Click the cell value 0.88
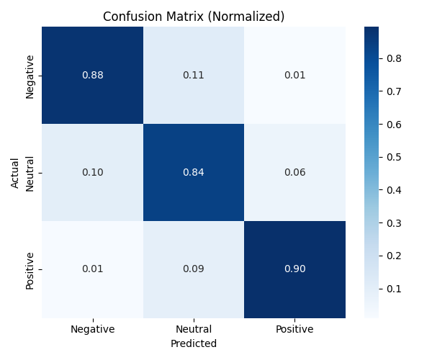pos(93,75)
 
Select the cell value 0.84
pos(194,172)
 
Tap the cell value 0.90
pos(294,269)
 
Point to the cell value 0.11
pos(194,75)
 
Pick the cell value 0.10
pos(93,172)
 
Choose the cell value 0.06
pos(294,172)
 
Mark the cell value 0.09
pos(194,269)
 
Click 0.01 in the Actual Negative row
pos(294,75)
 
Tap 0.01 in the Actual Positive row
pos(93,269)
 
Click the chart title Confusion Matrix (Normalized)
pos(194,17)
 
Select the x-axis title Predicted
pos(194,343)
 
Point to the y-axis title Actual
pos(14,173)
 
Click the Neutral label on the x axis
pos(194,329)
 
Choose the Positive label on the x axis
pos(294,329)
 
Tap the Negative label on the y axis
pos(30,77)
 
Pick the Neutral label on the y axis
pos(30,174)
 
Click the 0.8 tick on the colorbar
pos(394,58)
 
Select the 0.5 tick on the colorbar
pos(394,157)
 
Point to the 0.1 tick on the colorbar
pos(394,289)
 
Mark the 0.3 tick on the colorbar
pos(394,223)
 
